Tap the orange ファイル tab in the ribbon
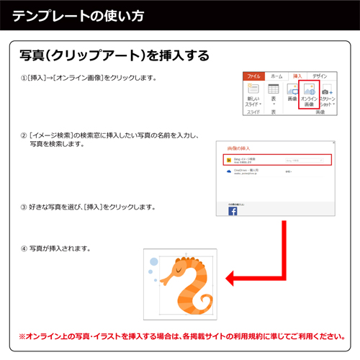click(x=253, y=76)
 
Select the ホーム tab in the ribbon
click(x=276, y=76)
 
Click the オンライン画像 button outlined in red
click(x=309, y=96)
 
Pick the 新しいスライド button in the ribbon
click(x=253, y=96)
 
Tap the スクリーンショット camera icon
click(x=326, y=92)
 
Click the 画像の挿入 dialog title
click(x=240, y=146)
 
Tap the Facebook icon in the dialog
click(x=233, y=212)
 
